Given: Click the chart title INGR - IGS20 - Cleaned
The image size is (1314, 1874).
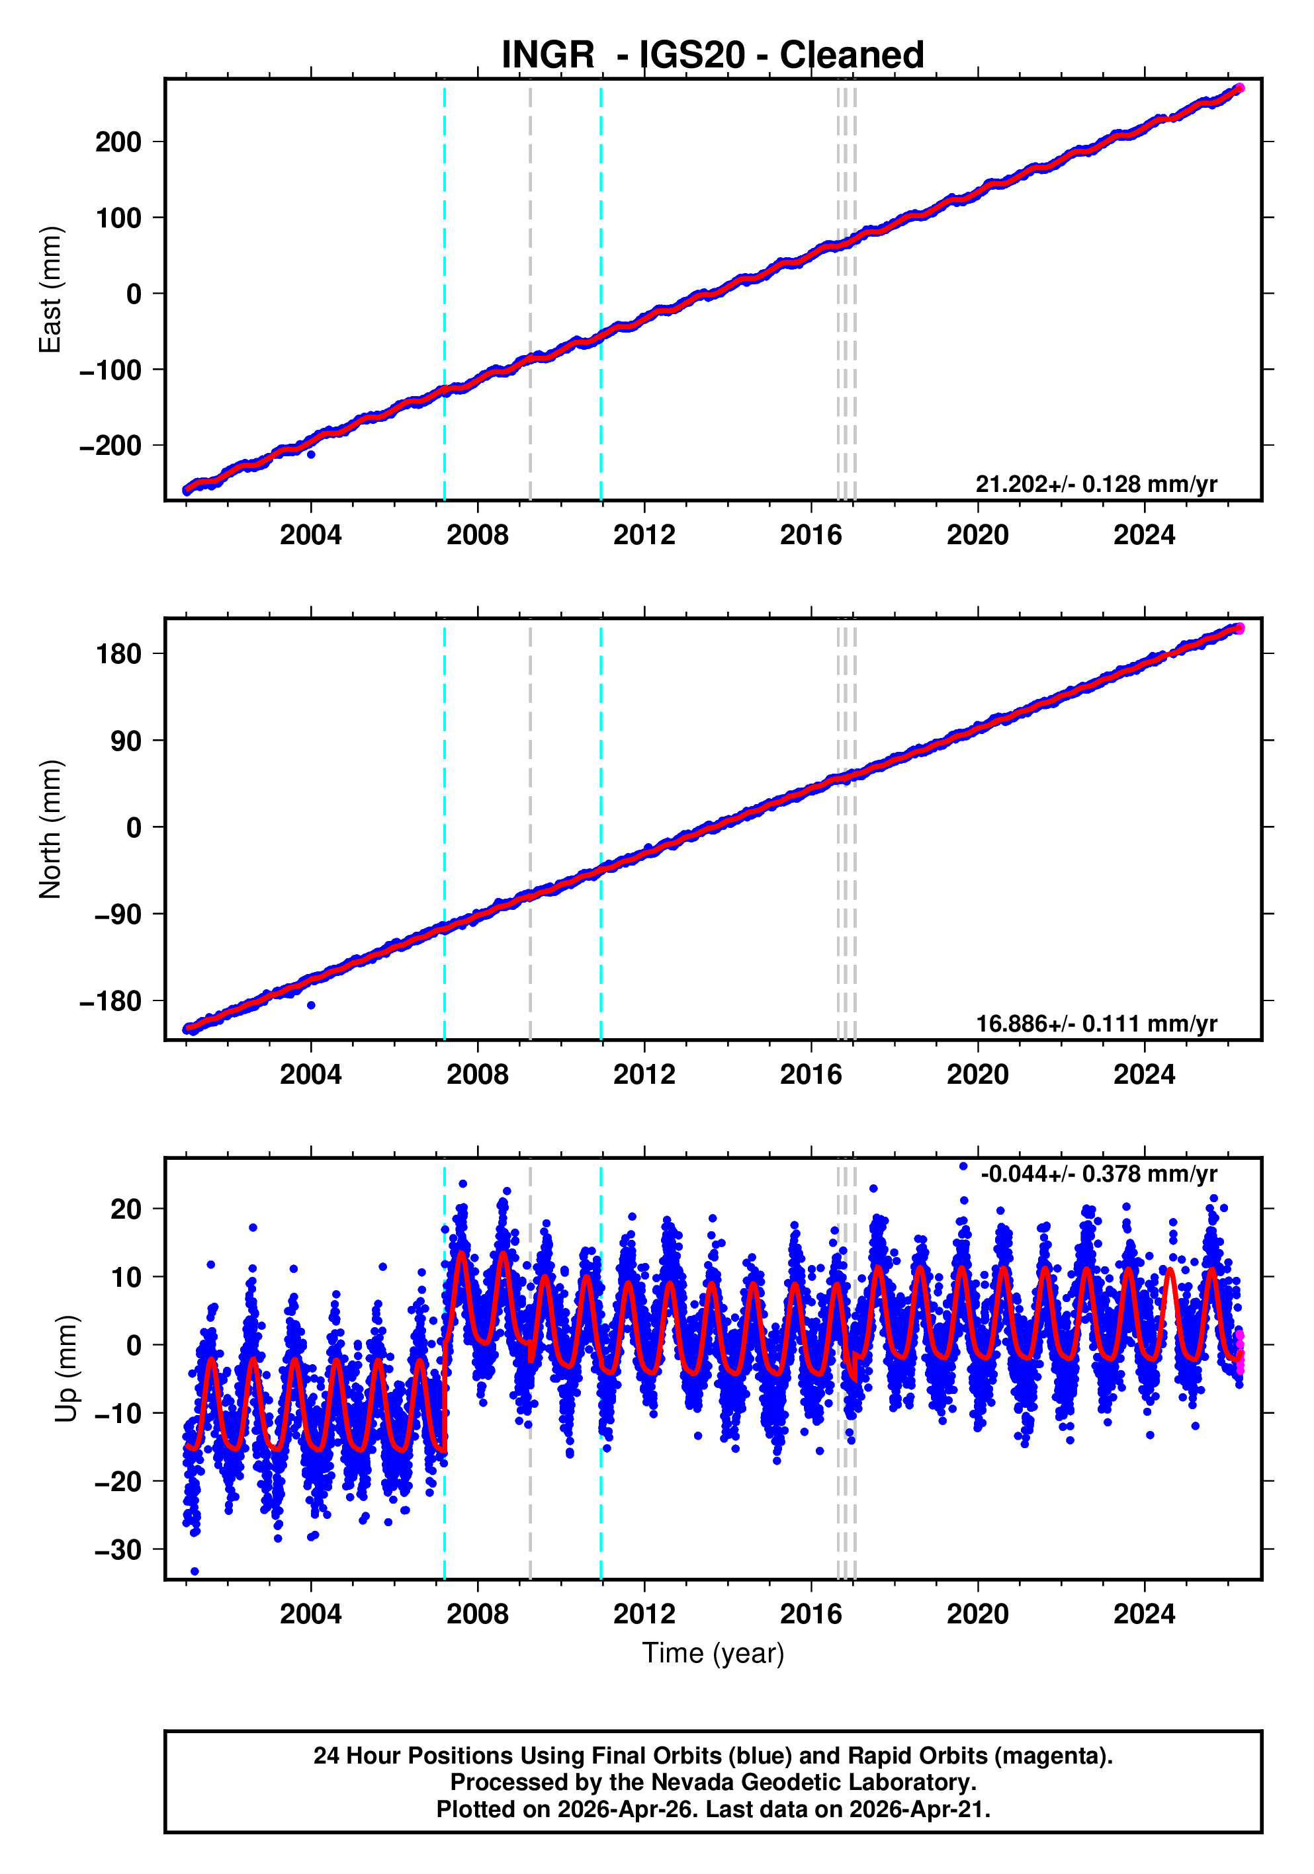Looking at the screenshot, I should point(712,55).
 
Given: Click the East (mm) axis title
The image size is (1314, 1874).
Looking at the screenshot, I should point(51,290).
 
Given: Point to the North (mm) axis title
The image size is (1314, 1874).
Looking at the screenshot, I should point(51,829).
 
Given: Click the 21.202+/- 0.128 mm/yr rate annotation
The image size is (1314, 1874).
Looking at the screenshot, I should point(1096,484).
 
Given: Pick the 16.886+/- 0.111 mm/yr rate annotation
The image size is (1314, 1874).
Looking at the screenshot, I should point(1096,1024).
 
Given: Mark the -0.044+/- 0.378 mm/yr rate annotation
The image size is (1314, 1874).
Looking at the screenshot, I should point(1098,1174).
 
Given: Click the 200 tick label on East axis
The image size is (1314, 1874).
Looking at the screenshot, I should point(118,142).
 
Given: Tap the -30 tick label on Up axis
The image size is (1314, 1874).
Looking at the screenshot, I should point(118,1549).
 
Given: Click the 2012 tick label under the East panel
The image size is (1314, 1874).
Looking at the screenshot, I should point(644,536).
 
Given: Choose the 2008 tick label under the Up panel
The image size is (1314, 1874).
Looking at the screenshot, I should point(477,1614).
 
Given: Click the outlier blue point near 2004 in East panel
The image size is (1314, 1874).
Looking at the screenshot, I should point(311,454).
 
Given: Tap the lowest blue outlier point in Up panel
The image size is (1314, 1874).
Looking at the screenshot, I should point(195,1571).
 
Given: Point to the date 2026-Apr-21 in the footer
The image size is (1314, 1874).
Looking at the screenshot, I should point(917,1809).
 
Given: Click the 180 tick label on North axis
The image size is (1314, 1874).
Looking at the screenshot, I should point(118,654).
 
